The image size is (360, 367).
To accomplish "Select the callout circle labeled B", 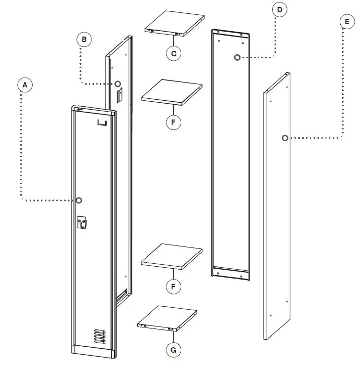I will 84,39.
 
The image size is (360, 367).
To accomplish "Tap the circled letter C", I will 173,53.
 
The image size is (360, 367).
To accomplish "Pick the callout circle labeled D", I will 280,9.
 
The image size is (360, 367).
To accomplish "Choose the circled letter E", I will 347,22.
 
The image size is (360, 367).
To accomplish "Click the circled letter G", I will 173,350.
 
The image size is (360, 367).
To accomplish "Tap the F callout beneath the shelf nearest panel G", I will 173,286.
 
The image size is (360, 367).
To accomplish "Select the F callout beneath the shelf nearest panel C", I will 173,122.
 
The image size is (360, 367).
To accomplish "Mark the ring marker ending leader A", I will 79,200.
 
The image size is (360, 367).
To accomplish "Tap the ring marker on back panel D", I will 238,58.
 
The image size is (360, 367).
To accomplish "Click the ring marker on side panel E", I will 285,138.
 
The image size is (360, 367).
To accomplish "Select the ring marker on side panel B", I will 118,83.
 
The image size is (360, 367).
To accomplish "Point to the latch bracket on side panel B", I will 119,96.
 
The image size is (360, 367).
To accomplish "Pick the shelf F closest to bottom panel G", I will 171,256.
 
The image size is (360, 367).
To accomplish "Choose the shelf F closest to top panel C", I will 171,91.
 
